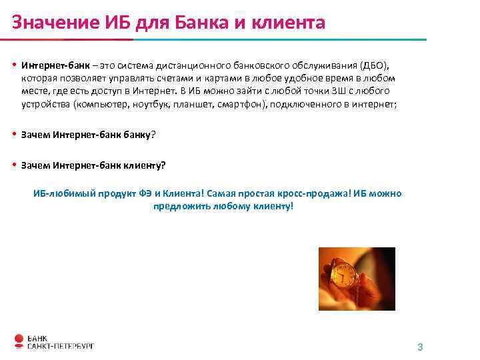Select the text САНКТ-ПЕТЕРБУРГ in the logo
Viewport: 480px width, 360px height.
click(61, 346)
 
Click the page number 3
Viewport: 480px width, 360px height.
click(420, 347)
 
